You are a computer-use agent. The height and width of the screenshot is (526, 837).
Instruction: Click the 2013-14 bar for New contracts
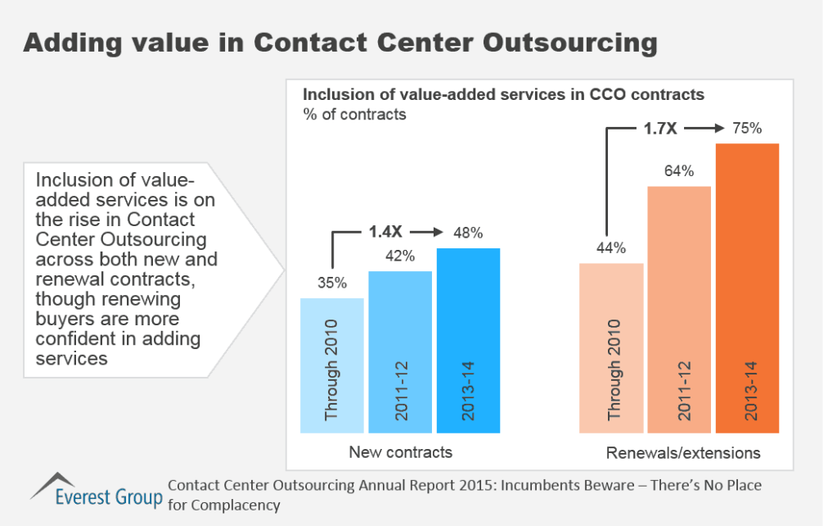coord(468,340)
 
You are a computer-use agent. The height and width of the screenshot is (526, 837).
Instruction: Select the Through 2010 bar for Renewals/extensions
coord(611,347)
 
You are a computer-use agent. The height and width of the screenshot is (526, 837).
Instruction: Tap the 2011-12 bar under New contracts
coord(400,351)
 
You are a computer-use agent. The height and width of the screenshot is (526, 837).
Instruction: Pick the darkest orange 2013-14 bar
coord(747,288)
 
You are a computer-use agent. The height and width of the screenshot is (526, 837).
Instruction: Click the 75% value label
coord(747,128)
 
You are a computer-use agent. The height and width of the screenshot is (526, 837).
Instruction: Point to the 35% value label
coord(332,283)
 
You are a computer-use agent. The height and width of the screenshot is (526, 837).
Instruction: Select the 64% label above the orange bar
coord(679,171)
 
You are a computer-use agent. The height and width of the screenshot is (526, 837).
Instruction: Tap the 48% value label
coord(468,232)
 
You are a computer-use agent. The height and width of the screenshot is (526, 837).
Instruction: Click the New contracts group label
coord(400,452)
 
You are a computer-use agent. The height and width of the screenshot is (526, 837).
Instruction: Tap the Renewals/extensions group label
coord(683,452)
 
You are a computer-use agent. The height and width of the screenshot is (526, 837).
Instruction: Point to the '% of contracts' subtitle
coord(355,115)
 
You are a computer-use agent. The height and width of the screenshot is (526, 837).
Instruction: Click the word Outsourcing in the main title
coord(564,43)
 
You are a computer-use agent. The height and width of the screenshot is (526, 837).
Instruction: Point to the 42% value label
coord(400,255)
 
